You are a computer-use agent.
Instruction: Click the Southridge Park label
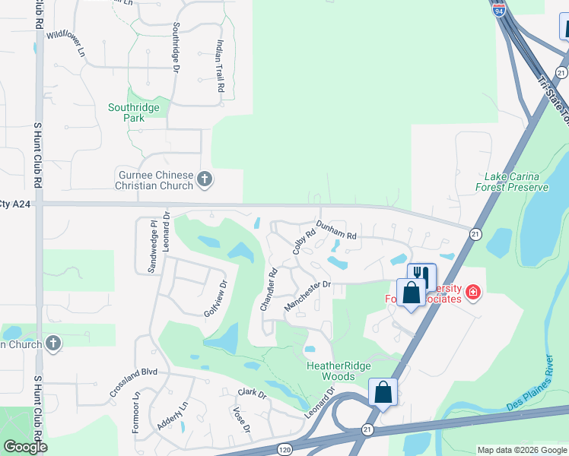(x=134, y=112)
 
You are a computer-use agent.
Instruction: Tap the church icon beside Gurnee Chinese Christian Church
(x=204, y=179)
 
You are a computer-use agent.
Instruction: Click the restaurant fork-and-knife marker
(x=421, y=276)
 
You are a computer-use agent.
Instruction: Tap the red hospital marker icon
(x=472, y=292)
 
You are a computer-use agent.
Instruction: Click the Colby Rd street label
(x=303, y=242)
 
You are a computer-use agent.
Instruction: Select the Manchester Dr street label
(x=308, y=295)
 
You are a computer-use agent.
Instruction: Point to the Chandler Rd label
(x=269, y=289)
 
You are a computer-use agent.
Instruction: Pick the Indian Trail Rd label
(x=221, y=66)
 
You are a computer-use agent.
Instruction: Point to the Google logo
(x=25, y=447)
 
